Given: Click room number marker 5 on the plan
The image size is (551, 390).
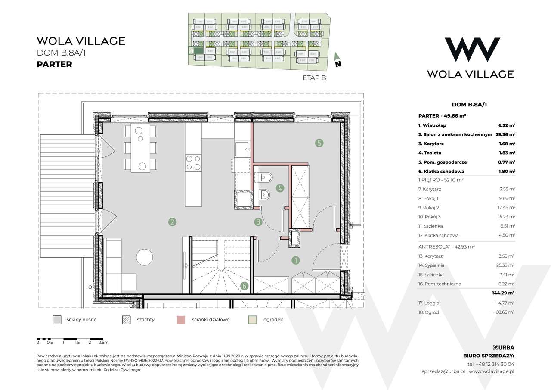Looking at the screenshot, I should pyautogui.click(x=319, y=143).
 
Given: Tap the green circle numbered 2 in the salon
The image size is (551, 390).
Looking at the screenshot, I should pyautogui.click(x=172, y=222).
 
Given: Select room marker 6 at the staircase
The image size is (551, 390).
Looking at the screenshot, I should pyautogui.click(x=244, y=286).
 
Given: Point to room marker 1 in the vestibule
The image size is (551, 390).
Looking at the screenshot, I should pyautogui.click(x=295, y=260).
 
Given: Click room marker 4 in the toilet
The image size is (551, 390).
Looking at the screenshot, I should pyautogui.click(x=280, y=188).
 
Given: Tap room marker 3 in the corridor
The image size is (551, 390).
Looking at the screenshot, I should pyautogui.click(x=257, y=222).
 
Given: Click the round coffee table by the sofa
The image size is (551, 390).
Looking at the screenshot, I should pyautogui.click(x=144, y=258).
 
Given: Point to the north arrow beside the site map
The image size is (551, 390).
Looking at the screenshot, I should pyautogui.click(x=337, y=60).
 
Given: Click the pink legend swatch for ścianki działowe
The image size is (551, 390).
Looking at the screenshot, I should pyautogui.click(x=182, y=320).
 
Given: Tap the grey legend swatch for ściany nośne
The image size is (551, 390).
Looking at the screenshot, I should pyautogui.click(x=56, y=320).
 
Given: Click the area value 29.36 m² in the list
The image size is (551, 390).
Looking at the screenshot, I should pyautogui.click(x=506, y=134).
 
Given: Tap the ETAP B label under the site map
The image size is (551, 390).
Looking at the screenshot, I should pyautogui.click(x=312, y=78).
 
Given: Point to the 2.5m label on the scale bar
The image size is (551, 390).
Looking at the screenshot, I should pyautogui.click(x=103, y=343).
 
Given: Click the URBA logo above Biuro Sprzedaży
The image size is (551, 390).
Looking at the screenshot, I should pyautogui.click(x=503, y=347).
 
